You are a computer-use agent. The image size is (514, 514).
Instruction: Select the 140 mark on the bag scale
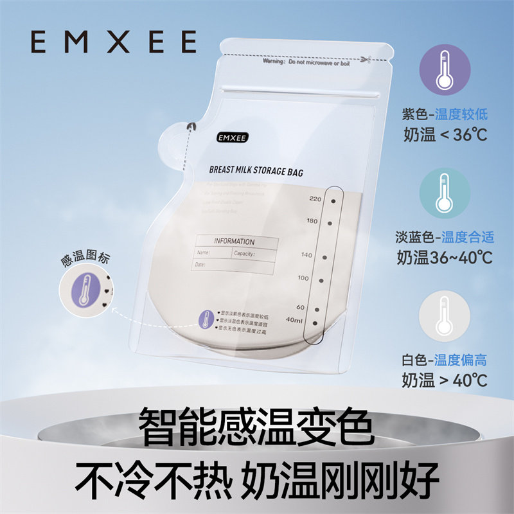pyautogui.click(x=306, y=255)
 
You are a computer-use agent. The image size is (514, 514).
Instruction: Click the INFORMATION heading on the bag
pyautogui.click(x=234, y=242)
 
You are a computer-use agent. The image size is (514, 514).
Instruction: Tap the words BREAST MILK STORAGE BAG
pyautogui.click(x=256, y=172)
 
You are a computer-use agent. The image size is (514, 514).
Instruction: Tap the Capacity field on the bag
pyautogui.click(x=245, y=254)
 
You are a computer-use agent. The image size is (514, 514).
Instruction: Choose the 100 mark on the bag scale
pyautogui.click(x=303, y=278)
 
